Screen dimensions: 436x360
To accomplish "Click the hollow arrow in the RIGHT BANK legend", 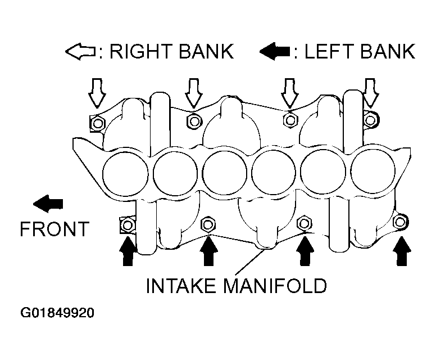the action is click(80, 51).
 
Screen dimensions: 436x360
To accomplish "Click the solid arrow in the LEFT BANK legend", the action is click(274, 51).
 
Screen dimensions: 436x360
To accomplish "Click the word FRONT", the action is click(54, 229).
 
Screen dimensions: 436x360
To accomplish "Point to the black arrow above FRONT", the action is click(48, 204).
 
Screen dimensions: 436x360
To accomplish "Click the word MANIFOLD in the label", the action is click(275, 285).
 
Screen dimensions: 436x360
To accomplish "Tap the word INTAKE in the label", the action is click(181, 285).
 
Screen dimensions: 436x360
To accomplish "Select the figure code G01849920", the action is click(57, 313).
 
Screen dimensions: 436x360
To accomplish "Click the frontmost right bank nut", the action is click(97, 123).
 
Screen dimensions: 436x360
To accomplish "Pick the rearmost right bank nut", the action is click(370, 120).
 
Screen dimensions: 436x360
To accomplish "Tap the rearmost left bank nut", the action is click(400, 222).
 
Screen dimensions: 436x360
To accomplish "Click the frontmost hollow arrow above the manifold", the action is click(97, 93).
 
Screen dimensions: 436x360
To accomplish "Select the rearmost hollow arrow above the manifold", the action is click(370, 93).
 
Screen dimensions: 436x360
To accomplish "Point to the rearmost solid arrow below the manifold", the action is click(402, 250).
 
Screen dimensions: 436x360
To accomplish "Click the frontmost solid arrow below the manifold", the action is click(128, 250).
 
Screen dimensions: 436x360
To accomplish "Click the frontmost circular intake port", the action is click(125, 174).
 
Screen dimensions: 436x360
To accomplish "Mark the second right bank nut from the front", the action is click(194, 121).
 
